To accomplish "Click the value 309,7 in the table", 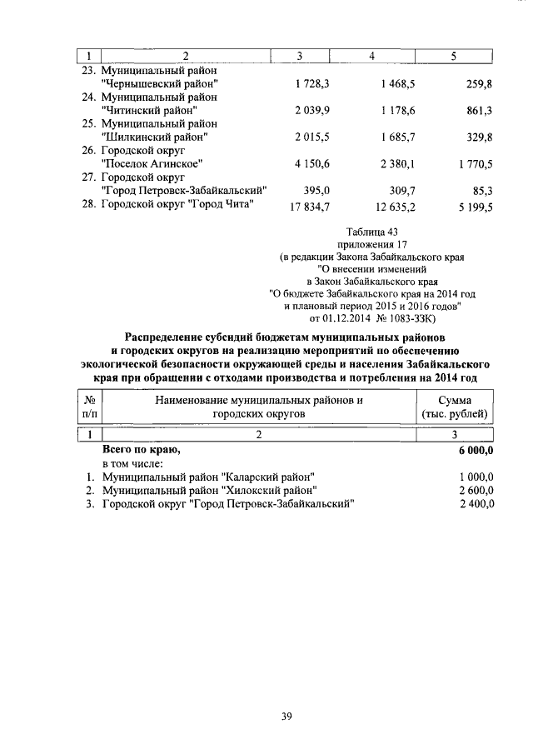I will pos(398,190).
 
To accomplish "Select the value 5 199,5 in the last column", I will pos(471,204).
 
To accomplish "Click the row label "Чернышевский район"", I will pos(159,84).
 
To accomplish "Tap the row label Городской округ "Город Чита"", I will pos(177,204).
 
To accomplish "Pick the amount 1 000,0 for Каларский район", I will pos(476,477).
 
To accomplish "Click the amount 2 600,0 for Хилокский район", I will pos(476,490).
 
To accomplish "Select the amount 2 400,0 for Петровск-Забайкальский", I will pos(476,503).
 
